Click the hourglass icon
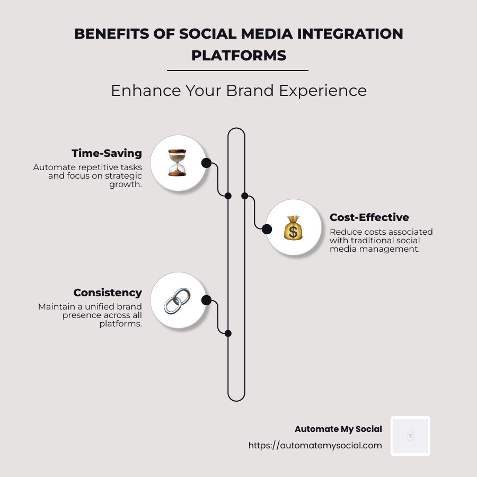tap(178, 163)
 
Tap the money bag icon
tap(293, 228)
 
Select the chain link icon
tap(178, 301)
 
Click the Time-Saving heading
tap(107, 153)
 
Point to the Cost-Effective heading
tap(369, 217)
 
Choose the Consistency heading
tap(108, 293)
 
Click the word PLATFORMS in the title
tap(238, 55)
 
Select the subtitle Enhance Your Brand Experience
tap(238, 91)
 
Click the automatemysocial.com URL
tap(315, 445)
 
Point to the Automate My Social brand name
tap(338, 429)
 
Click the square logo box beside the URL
tap(410, 436)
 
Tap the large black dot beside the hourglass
tap(206, 163)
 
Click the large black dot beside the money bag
tap(267, 229)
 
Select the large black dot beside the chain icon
tap(207, 301)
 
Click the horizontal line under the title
tap(237, 70)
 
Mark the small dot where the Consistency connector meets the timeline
tap(228, 333)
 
